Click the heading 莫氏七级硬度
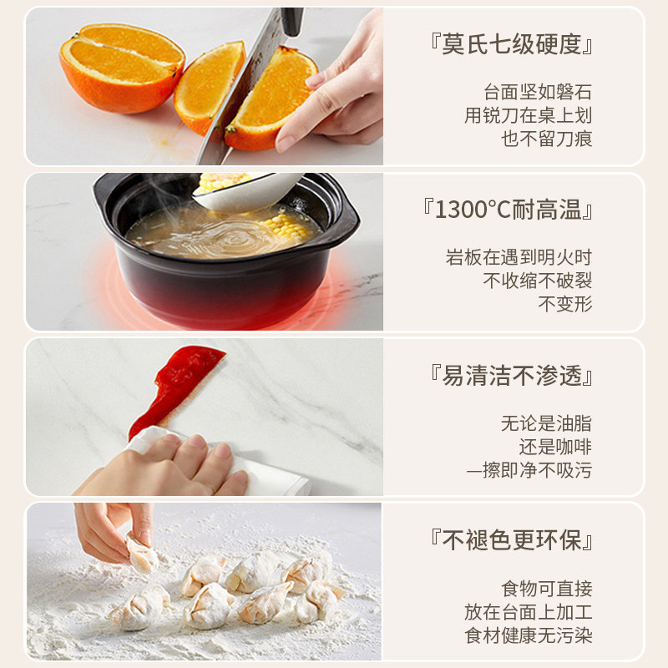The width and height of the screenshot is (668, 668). point(511,44)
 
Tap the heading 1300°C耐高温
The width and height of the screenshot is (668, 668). point(508,210)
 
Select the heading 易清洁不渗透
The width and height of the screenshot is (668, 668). point(511,375)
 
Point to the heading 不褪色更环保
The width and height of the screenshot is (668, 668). point(511,539)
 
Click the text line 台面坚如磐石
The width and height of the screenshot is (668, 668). point(538,92)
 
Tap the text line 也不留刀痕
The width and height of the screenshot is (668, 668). point(547,139)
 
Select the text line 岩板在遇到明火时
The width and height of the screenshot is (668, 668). point(519,257)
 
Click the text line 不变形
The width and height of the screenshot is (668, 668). point(565,304)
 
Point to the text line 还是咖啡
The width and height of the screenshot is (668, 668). point(555,447)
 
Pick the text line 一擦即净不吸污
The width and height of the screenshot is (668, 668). point(529,470)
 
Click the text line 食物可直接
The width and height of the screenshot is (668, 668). point(547,589)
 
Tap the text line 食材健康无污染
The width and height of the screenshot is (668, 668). point(529,635)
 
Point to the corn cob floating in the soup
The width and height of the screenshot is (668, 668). point(285,227)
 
